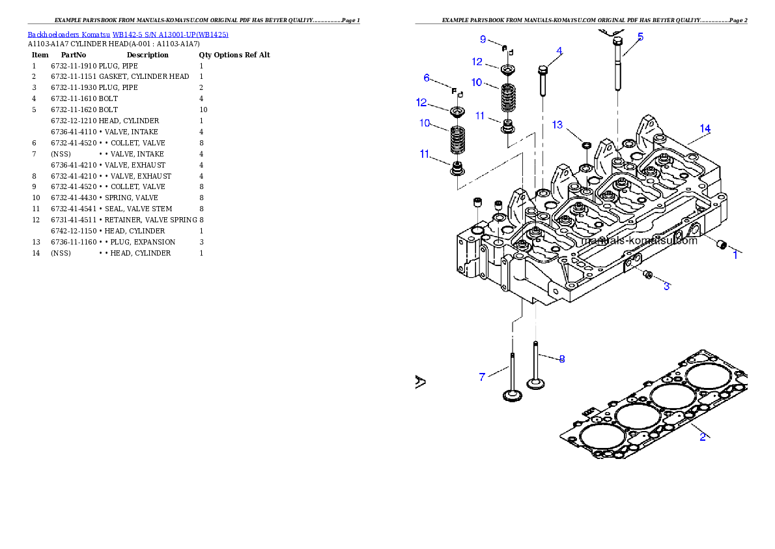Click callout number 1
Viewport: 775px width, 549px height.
coord(735,255)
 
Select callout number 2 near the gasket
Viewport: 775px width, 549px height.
coord(703,437)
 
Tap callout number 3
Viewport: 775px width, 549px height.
coord(666,286)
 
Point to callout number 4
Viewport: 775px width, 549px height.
coord(559,51)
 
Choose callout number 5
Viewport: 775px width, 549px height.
coord(640,37)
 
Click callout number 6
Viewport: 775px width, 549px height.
coord(427,78)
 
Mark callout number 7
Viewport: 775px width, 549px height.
coord(482,377)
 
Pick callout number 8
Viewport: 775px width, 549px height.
coord(561,358)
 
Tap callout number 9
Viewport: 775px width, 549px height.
coord(483,39)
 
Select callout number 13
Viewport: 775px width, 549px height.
coord(557,125)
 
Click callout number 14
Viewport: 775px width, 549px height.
coord(705,127)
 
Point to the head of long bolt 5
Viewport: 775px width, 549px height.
coord(618,42)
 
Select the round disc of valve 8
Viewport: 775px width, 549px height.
coord(535,383)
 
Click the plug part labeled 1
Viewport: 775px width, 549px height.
coord(721,245)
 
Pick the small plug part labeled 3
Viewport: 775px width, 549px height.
coord(647,276)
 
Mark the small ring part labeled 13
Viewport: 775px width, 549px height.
coord(585,144)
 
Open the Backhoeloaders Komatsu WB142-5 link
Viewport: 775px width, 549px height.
coord(128,34)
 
